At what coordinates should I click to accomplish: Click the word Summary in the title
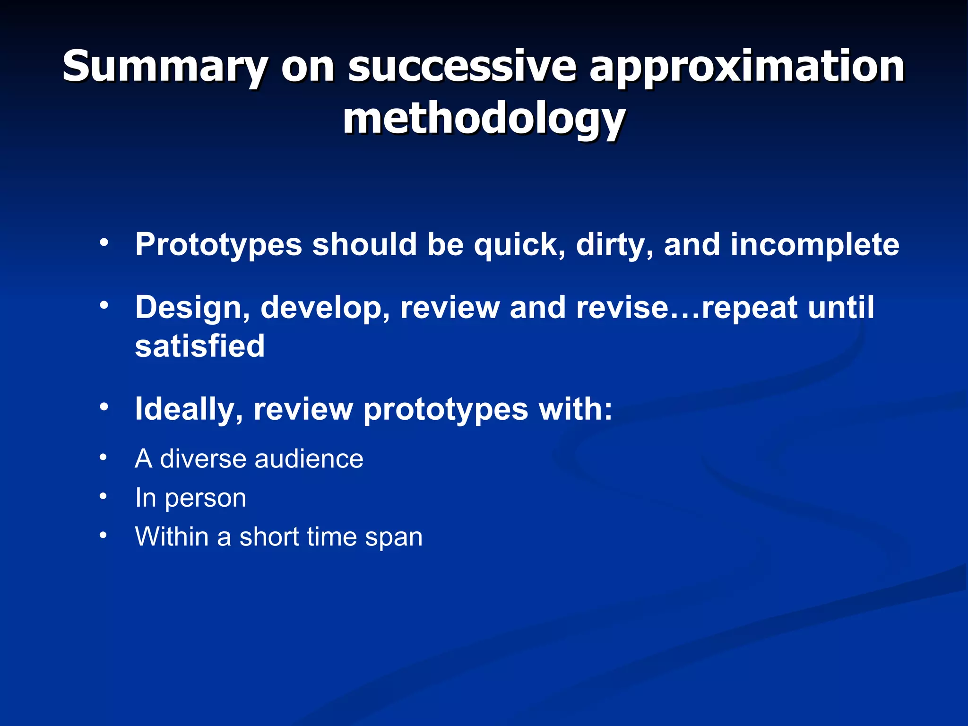(x=165, y=67)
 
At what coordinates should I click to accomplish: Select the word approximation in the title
(x=746, y=67)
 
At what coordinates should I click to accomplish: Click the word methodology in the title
(x=484, y=119)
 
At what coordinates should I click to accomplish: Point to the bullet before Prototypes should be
(x=104, y=242)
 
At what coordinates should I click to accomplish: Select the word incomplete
(x=814, y=245)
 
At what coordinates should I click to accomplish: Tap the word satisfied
(x=200, y=346)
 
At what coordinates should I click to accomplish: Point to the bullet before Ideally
(x=104, y=406)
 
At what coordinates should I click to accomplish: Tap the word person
(x=205, y=499)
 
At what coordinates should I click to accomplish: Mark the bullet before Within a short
(x=104, y=536)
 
